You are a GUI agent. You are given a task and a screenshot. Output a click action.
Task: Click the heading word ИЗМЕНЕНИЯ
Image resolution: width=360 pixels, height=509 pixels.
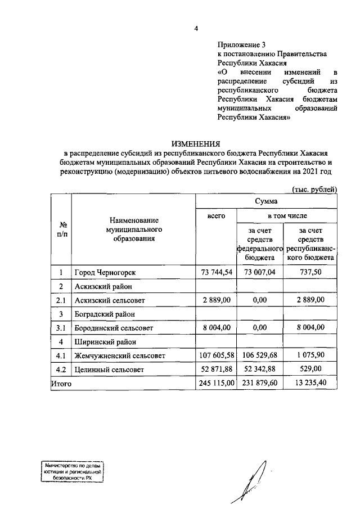point(196,143)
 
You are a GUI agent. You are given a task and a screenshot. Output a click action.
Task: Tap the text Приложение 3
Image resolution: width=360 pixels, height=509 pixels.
point(240,44)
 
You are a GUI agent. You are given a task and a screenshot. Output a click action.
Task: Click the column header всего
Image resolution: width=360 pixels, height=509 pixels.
point(216,216)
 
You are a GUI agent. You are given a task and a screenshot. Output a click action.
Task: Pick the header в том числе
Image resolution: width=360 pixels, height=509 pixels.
point(287,216)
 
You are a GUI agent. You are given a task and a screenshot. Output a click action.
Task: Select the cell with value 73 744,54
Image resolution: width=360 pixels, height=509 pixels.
point(216,273)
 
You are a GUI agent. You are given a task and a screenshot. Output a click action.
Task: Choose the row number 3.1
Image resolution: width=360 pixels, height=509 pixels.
point(62,328)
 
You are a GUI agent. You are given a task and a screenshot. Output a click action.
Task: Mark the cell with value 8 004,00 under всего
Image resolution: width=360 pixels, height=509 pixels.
point(216,328)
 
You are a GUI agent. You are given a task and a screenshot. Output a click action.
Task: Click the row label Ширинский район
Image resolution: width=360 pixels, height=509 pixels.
point(102,342)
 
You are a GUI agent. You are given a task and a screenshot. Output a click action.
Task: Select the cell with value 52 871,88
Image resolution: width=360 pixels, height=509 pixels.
point(216,370)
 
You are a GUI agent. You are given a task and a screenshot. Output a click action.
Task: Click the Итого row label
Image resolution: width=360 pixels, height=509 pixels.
point(62,383)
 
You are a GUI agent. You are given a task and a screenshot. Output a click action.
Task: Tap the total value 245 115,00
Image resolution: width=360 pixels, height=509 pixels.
point(216,383)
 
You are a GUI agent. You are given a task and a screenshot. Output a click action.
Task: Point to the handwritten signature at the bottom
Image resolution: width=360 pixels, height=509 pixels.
point(254,478)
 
